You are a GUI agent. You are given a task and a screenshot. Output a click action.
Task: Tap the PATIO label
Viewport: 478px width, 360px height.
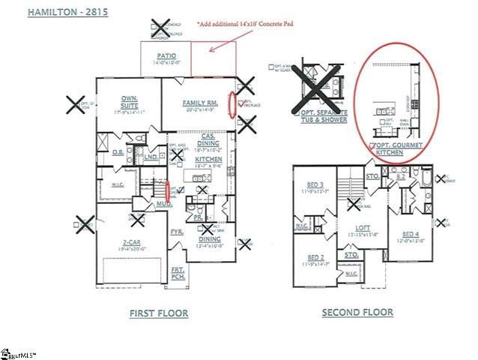point(166,55)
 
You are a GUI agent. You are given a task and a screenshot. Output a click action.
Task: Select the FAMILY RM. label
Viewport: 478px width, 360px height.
point(199,103)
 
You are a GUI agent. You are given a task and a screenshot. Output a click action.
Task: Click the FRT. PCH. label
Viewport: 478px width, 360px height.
point(178,271)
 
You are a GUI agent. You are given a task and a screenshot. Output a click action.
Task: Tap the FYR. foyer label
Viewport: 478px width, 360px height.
point(178,232)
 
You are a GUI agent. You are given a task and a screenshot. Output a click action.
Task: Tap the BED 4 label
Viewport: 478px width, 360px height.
point(410,234)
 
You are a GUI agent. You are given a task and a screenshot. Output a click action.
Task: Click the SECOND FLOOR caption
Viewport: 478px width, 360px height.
point(357,312)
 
